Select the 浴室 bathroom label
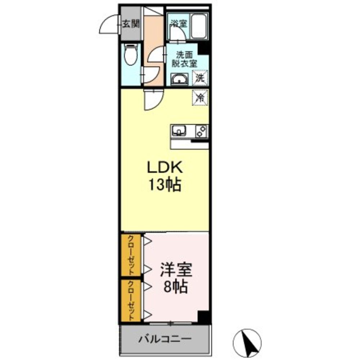179,24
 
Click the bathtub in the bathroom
198,26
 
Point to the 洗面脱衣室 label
186,59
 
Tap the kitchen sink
179,130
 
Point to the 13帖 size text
165,185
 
